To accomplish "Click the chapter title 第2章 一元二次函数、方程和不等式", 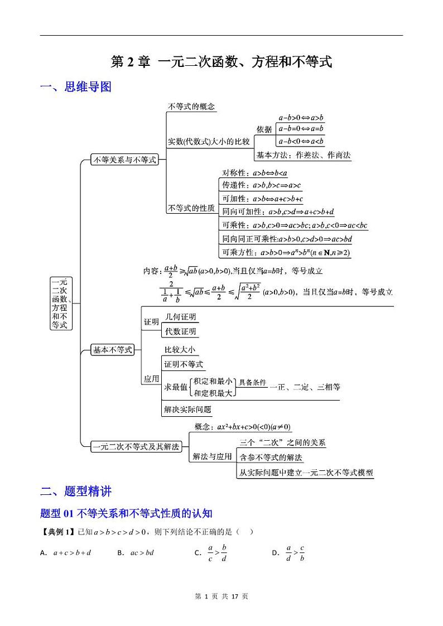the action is click(x=222, y=62).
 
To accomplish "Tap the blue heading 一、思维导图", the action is click(x=76, y=87).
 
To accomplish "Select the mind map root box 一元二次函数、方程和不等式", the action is click(x=60, y=303).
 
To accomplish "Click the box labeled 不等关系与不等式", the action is click(x=124, y=160).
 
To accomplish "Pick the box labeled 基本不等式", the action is click(x=112, y=350).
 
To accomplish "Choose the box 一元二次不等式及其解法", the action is click(x=136, y=446).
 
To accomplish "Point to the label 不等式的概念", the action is click(x=191, y=107).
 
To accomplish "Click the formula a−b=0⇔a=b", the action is click(x=301, y=129).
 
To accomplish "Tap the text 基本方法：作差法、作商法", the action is click(x=304, y=156).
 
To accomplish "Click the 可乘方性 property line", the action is click(x=286, y=253).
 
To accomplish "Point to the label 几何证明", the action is click(x=180, y=317).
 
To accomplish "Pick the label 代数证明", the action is click(x=180, y=331).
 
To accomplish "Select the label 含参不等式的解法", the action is click(x=271, y=458).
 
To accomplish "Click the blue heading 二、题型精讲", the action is click(x=76, y=492).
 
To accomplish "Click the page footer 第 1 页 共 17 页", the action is click(x=222, y=596).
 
